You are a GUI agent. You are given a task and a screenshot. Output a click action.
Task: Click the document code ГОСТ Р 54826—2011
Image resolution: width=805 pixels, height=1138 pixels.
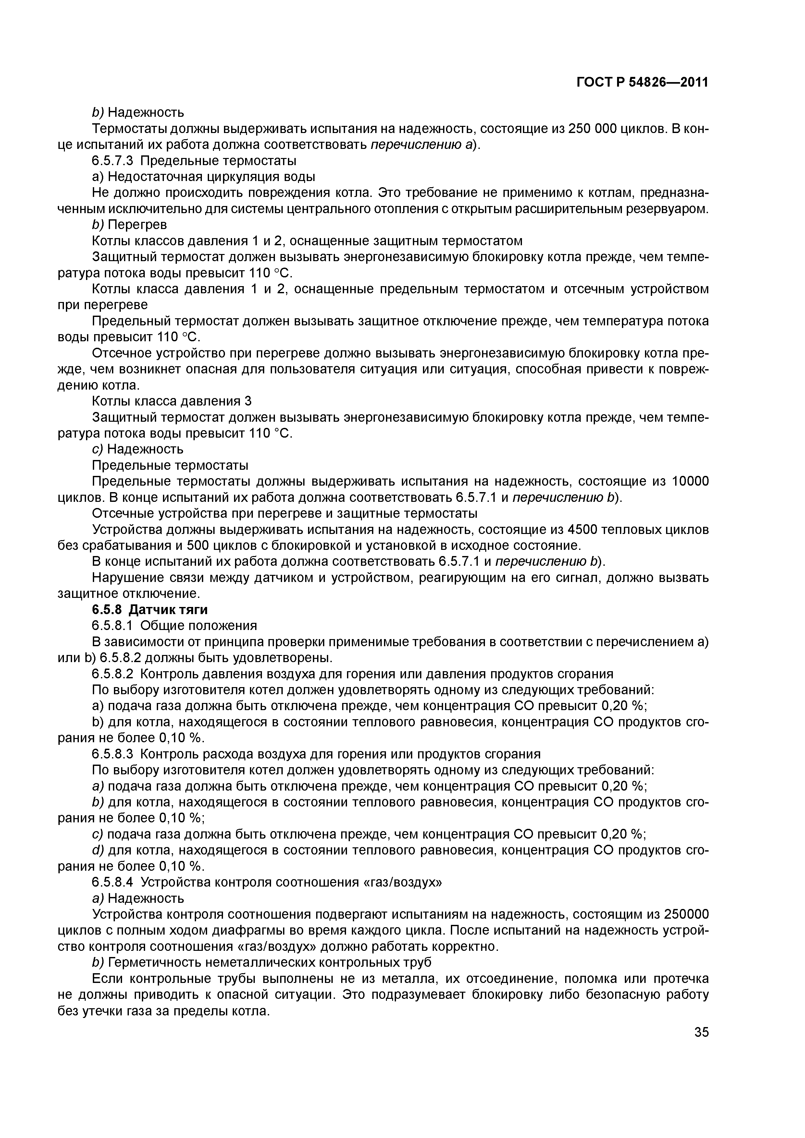coord(642,83)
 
